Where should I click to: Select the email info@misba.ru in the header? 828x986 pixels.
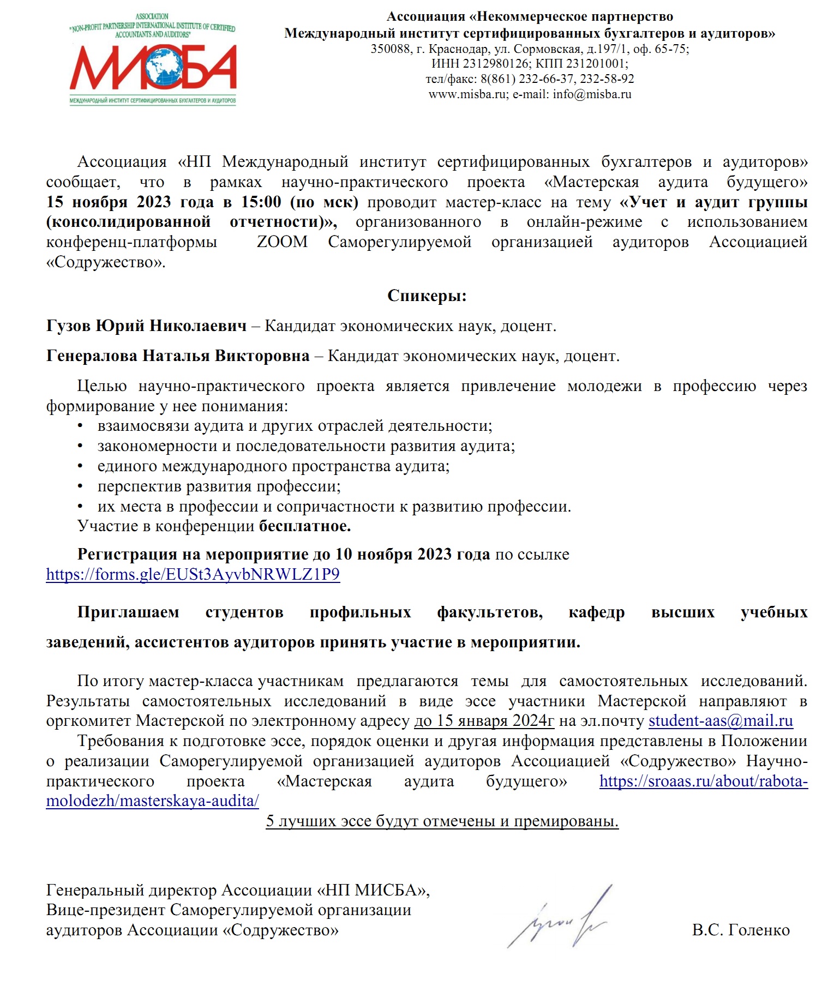[x=592, y=94]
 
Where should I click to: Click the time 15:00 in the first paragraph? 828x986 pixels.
[x=261, y=202]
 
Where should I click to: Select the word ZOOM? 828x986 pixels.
[x=282, y=242]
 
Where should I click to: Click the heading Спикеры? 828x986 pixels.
[x=427, y=296]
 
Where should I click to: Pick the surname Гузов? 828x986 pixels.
[x=69, y=326]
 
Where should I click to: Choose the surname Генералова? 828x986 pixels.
[x=92, y=356]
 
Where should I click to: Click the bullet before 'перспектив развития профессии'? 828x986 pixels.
[x=80, y=486]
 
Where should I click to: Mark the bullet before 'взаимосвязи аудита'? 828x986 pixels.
[x=80, y=425]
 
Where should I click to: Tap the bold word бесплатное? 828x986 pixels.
[x=304, y=526]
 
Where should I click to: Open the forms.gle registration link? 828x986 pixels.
[x=193, y=574]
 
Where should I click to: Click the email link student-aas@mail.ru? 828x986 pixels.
[x=720, y=721]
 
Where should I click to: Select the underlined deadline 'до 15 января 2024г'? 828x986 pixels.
[x=484, y=721]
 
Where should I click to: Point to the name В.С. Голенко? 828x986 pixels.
[x=740, y=930]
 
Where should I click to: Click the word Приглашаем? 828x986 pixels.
[x=128, y=612]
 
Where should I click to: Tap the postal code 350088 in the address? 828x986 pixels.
[x=391, y=49]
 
